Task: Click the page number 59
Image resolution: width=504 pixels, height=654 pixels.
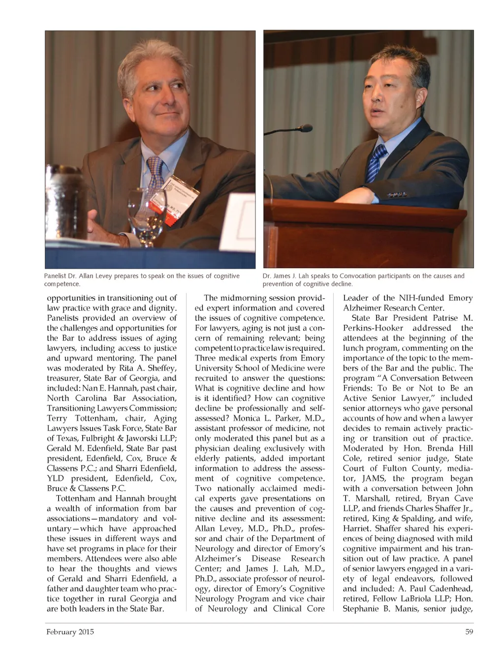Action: tap(469, 631)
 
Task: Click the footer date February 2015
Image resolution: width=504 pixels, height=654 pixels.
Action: tap(70, 631)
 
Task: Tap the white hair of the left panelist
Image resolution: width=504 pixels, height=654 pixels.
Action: tap(148, 64)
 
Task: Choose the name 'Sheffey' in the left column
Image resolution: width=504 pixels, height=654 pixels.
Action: tap(159, 368)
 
